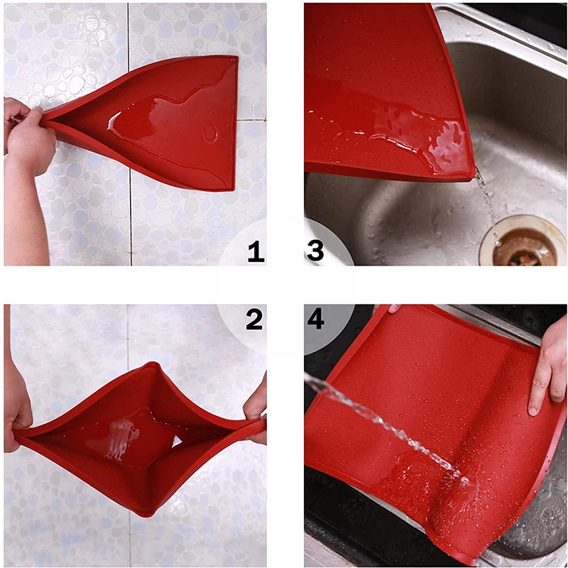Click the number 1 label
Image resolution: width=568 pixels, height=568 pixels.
coord(256,251)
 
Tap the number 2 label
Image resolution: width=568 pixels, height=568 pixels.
coord(254,319)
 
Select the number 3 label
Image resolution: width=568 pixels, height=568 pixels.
coord(315,251)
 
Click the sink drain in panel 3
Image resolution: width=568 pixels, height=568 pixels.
coord(523,243)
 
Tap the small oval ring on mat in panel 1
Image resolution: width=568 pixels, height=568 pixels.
coord(210,133)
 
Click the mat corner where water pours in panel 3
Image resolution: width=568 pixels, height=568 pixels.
coord(473,173)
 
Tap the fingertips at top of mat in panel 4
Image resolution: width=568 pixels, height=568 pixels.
coord(394,309)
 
